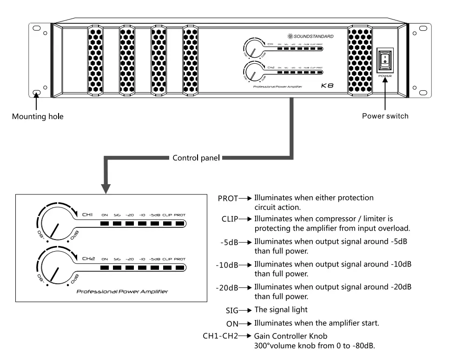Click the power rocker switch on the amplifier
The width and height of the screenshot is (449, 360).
pyautogui.click(x=384, y=58)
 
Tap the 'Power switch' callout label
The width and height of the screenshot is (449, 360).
pyautogui.click(x=385, y=116)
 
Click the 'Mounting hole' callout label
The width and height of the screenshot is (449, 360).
pyautogui.click(x=38, y=117)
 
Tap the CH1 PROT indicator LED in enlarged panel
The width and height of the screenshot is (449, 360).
pyautogui.click(x=180, y=224)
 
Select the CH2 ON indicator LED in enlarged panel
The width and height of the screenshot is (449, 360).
pyautogui.click(x=105, y=268)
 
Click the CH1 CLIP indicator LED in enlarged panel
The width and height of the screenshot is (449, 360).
pyautogui.click(x=167, y=224)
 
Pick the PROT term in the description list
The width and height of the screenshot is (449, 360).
pyautogui.click(x=228, y=198)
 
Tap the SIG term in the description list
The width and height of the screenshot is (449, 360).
pyautogui.click(x=232, y=310)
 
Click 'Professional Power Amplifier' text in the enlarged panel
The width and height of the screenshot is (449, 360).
pyautogui.click(x=123, y=292)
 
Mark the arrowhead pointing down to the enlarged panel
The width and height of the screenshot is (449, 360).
pyautogui.click(x=106, y=188)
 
